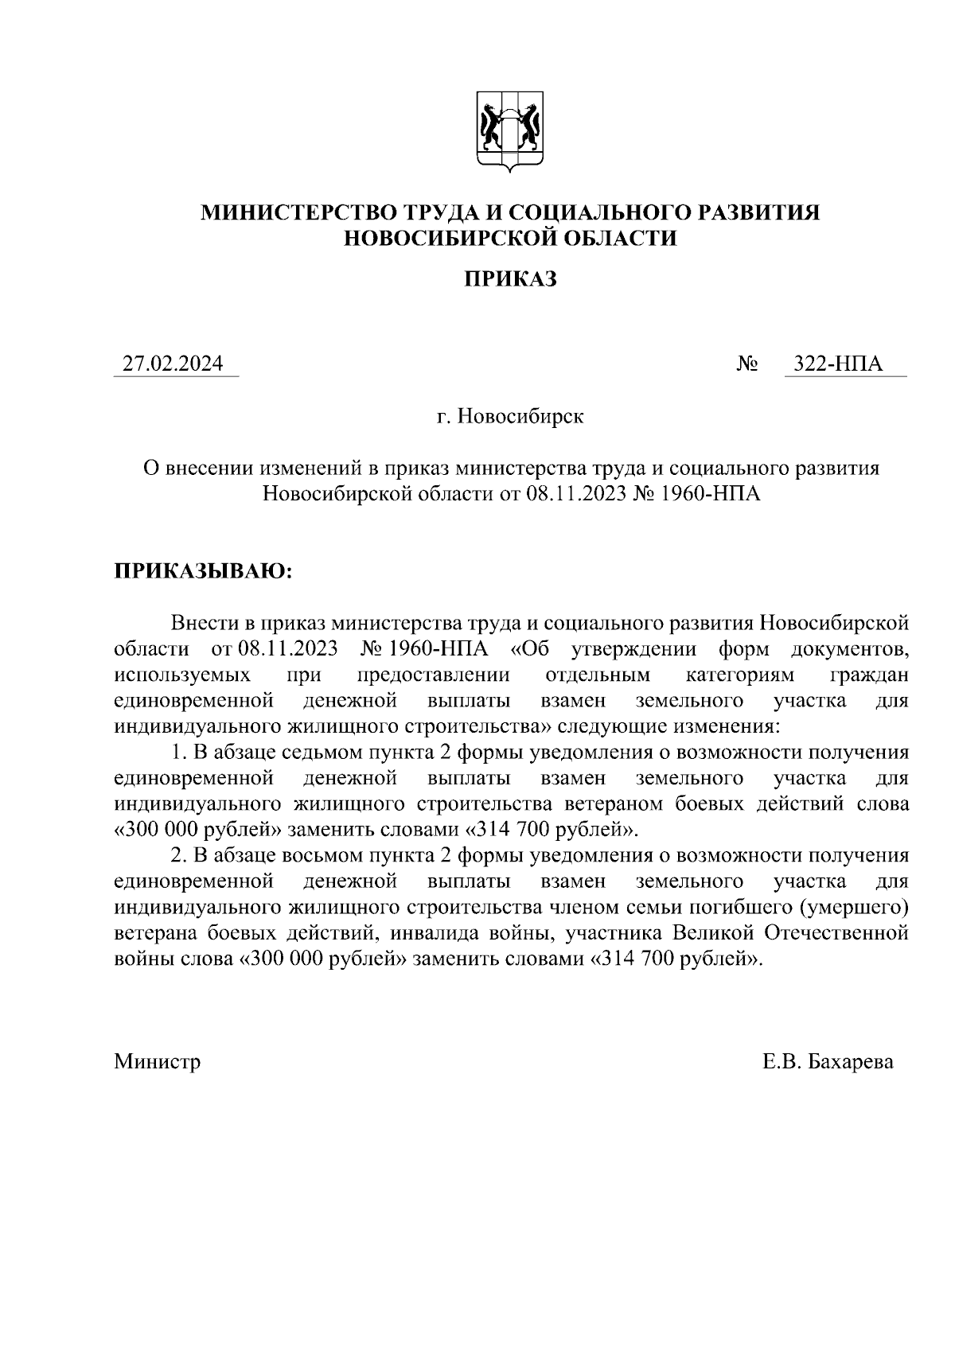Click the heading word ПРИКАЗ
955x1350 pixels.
point(510,279)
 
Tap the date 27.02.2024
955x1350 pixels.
point(172,364)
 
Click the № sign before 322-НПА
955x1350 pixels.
point(746,364)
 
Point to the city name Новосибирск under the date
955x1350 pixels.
point(520,416)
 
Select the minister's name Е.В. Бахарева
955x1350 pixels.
point(828,1061)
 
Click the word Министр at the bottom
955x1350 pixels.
point(158,1061)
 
